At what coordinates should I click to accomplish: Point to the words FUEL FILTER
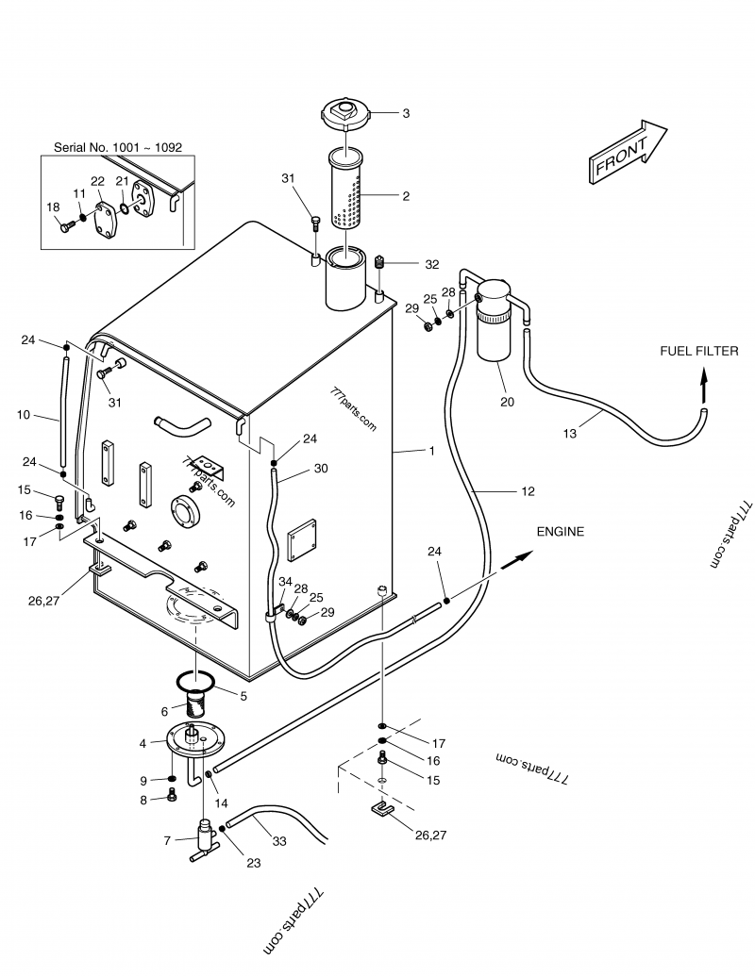pyautogui.click(x=698, y=351)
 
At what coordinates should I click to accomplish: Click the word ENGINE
pyautogui.click(x=561, y=532)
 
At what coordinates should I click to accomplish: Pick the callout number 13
pyautogui.click(x=569, y=433)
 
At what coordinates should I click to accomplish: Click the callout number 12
pyautogui.click(x=527, y=490)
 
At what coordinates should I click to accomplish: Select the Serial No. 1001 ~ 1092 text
pyautogui.click(x=118, y=148)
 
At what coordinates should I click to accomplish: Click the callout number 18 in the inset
pyautogui.click(x=53, y=207)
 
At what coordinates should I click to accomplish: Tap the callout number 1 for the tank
pyautogui.click(x=431, y=451)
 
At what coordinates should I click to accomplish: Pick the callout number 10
pyautogui.click(x=25, y=414)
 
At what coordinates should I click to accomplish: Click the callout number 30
pyautogui.click(x=321, y=469)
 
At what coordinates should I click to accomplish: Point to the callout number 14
pyautogui.click(x=221, y=803)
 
